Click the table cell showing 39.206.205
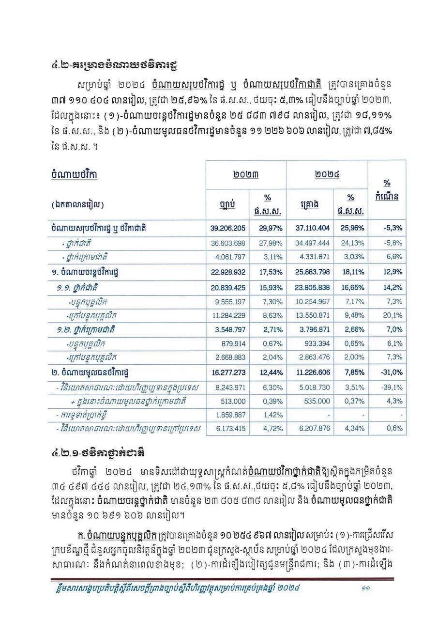(x=227, y=228)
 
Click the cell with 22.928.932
(x=227, y=272)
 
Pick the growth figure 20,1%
(x=393, y=316)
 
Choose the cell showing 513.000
(x=233, y=401)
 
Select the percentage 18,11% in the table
(x=352, y=272)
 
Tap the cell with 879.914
(x=233, y=343)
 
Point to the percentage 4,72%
(x=272, y=429)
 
